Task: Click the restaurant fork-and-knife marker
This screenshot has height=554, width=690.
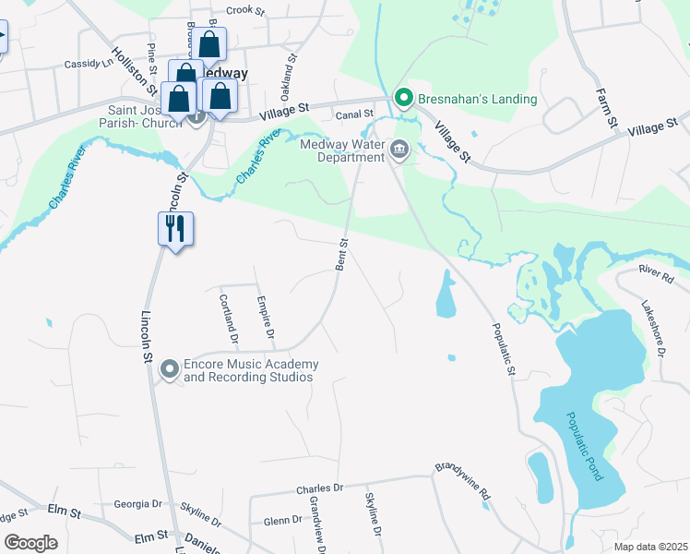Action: pyautogui.click(x=175, y=227)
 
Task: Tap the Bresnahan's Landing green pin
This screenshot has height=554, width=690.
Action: pyautogui.click(x=403, y=97)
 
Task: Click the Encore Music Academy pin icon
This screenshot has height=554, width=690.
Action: pyautogui.click(x=169, y=369)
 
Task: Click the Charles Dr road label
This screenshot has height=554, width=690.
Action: pyautogui.click(x=319, y=488)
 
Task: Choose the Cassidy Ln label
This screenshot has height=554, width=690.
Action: pyautogui.click(x=88, y=64)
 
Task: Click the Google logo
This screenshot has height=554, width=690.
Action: pyautogui.click(x=30, y=543)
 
